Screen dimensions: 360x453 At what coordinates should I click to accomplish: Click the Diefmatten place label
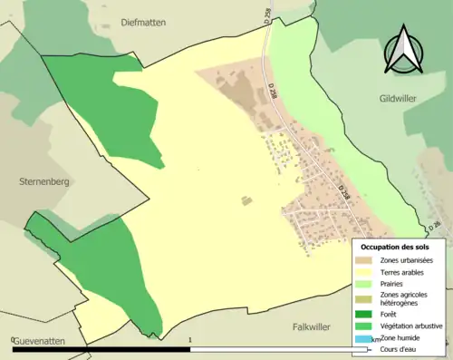[x=140, y=23]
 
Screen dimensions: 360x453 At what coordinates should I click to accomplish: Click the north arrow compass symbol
[x=404, y=49]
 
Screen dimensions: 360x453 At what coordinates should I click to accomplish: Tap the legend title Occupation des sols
[x=401, y=247]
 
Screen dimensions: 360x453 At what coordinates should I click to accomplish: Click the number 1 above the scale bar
[x=190, y=340]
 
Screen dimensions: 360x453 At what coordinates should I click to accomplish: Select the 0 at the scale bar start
[x=14, y=340]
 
